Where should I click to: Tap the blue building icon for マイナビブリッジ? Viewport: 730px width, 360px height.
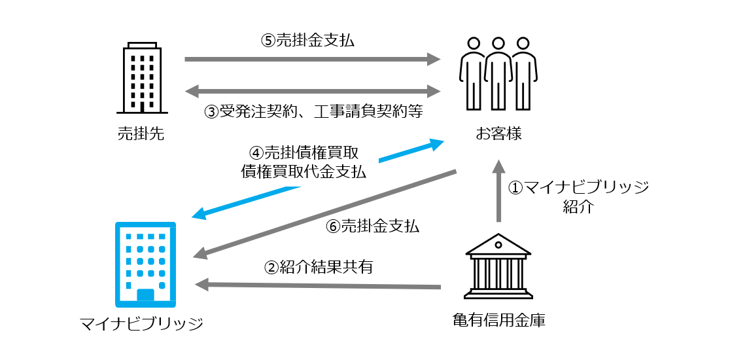tap(145, 264)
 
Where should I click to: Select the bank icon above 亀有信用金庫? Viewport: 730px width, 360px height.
tap(498, 270)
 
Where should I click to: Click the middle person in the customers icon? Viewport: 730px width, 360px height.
tap(498, 73)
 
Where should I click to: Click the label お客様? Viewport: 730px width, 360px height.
tap(498, 134)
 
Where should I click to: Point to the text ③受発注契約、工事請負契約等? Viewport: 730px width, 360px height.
tap(314, 111)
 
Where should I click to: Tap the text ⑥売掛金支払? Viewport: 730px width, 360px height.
tap(372, 226)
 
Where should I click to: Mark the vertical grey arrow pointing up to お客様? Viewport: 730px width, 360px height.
tap(498, 193)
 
